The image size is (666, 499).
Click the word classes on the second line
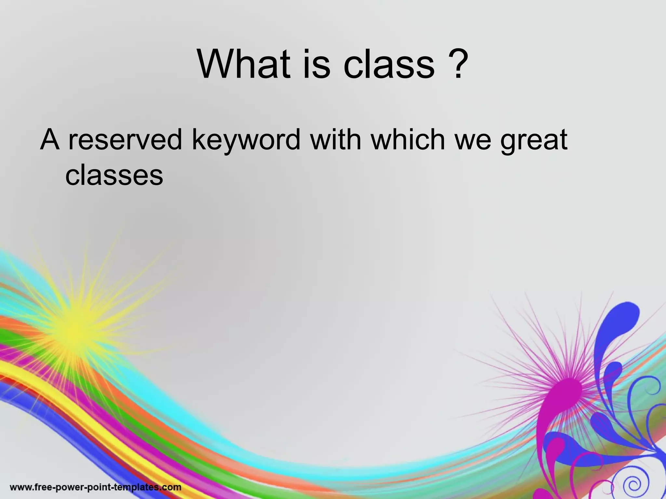(114, 175)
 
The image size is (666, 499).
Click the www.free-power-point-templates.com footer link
(96, 487)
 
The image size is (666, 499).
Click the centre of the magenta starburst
(567, 383)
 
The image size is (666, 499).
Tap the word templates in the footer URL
(137, 487)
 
